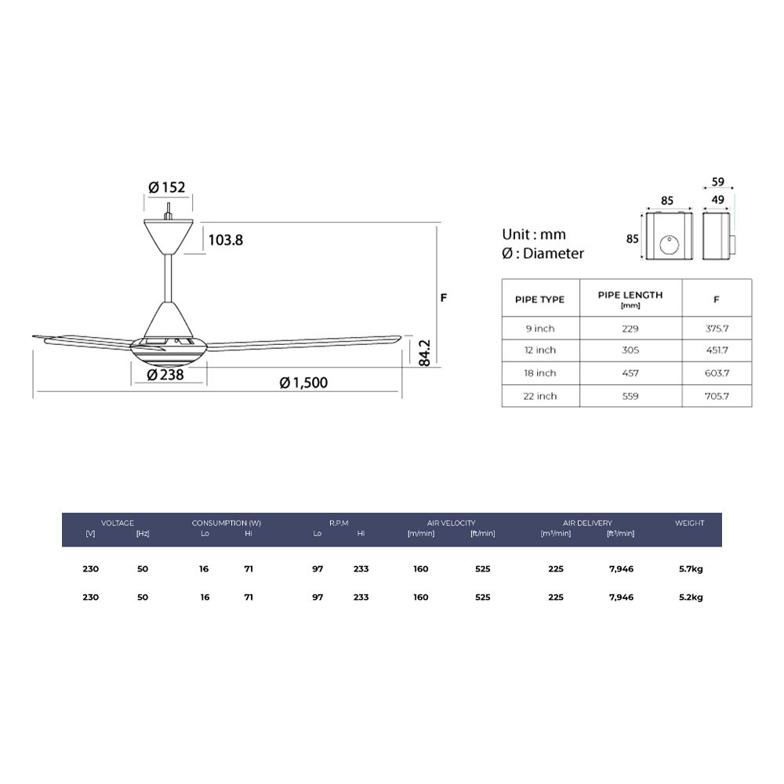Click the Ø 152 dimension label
(167, 187)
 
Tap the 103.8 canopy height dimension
(226, 240)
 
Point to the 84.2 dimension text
(424, 353)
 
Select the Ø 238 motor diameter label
(165, 375)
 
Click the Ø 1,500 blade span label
(303, 383)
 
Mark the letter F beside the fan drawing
(444, 298)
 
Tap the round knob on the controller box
(670, 245)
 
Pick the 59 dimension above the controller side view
(718, 182)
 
